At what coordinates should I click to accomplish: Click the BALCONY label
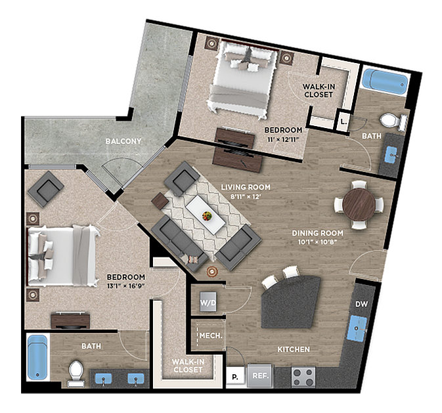coord(125,141)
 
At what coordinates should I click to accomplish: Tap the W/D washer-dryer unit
coord(208,302)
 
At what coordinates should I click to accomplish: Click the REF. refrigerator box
coord(260,377)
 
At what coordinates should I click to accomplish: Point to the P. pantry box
coord(234,377)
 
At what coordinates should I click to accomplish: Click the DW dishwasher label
coord(361,304)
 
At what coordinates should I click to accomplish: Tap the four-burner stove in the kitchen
coord(303,376)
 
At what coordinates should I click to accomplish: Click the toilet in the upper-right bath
coord(391,121)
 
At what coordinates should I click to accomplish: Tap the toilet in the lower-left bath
coord(76,372)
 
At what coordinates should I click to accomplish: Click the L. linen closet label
coord(343,121)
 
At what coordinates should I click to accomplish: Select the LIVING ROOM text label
coord(246,187)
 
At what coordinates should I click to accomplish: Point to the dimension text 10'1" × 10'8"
coord(318,242)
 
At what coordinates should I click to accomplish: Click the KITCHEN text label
coord(293,349)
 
